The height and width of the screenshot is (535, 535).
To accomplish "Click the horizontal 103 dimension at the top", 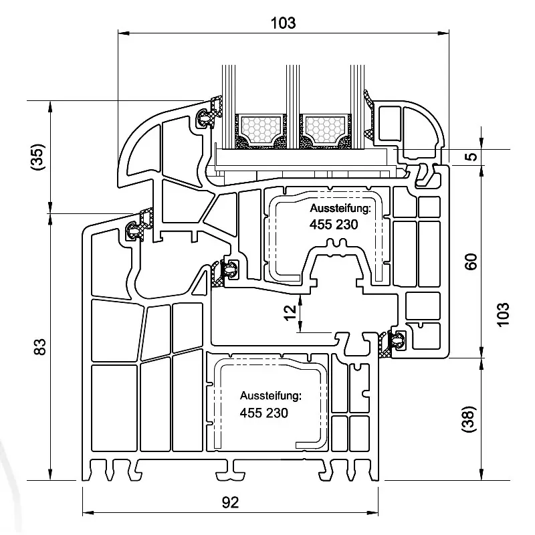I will click(282, 22).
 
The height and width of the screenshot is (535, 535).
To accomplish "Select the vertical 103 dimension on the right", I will click(504, 314).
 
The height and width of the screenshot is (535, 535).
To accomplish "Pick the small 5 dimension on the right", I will click(471, 156).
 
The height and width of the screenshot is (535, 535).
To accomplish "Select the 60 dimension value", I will click(471, 261).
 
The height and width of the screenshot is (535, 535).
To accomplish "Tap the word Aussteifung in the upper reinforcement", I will click(339, 210).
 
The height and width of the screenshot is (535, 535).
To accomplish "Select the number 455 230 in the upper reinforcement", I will click(334, 225).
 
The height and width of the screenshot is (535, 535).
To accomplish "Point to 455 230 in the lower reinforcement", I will click(264, 413).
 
